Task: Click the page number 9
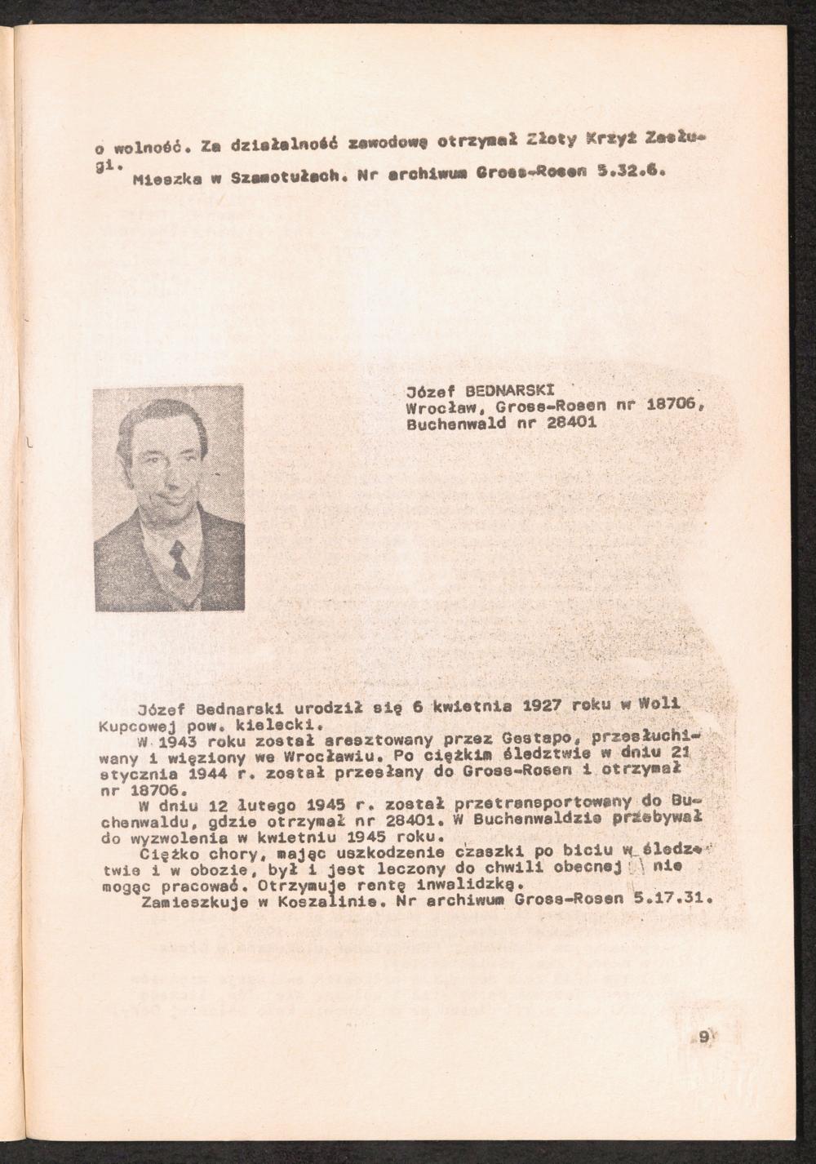(704, 1037)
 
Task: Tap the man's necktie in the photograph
(180, 560)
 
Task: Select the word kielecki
(268, 723)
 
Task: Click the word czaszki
(481, 854)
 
